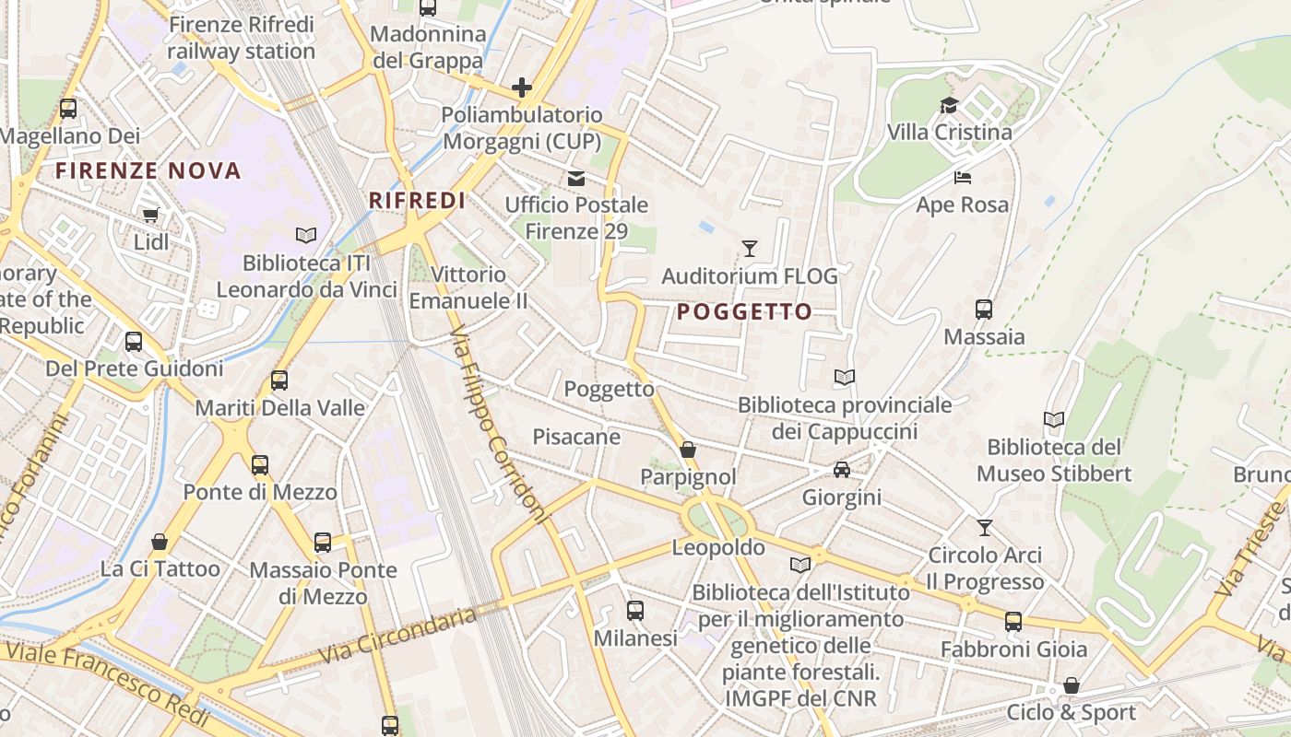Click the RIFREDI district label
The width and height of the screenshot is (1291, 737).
[417, 200]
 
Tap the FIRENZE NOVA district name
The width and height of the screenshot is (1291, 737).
[148, 170]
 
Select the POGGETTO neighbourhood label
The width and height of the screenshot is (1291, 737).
[744, 311]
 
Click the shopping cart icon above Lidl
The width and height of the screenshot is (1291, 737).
[150, 216]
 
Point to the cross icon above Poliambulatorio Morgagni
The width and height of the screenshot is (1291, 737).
[522, 88]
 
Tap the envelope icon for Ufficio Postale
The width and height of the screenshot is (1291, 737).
[576, 178]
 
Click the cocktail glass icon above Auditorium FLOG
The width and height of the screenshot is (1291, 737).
[750, 249]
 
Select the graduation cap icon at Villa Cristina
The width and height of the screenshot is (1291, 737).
[949, 105]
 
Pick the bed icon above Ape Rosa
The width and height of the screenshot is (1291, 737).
[963, 177]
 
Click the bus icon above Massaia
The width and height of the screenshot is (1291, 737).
[984, 310]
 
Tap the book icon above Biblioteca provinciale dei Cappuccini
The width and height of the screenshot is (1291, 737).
[844, 377]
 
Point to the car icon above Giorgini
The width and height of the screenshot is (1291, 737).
[842, 470]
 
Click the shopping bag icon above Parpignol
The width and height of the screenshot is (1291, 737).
[688, 450]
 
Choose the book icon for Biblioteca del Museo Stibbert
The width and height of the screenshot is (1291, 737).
[1054, 420]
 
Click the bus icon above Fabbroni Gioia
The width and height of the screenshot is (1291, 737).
[1013, 622]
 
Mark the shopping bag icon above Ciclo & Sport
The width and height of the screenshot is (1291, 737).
[1072, 685]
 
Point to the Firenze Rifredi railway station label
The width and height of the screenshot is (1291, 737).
[242, 38]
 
